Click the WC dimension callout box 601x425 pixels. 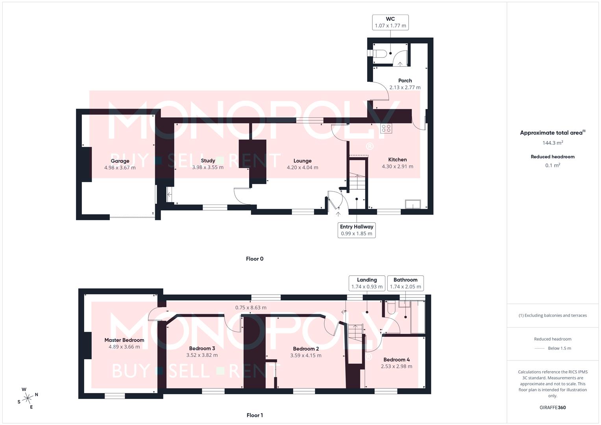click(x=390, y=22)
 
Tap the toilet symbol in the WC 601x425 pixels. click(x=379, y=54)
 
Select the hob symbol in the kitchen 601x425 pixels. click(x=386, y=128)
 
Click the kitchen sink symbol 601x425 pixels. click(x=413, y=204)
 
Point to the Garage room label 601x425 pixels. click(x=120, y=161)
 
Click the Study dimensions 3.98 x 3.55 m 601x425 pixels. click(x=208, y=167)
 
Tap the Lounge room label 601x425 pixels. click(x=302, y=161)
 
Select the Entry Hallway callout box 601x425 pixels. click(x=356, y=230)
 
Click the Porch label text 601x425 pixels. click(x=405, y=81)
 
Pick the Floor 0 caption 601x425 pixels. click(x=255, y=259)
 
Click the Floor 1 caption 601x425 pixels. click(x=255, y=415)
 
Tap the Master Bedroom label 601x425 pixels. click(x=124, y=340)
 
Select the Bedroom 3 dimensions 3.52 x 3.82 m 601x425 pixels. click(x=202, y=355)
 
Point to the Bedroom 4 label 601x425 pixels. click(x=396, y=360)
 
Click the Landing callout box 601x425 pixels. click(x=367, y=283)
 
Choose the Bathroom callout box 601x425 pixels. click(x=405, y=283)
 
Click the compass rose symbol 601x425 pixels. click(x=28, y=398)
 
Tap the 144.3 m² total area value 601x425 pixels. click(x=553, y=143)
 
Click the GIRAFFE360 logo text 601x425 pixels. click(x=553, y=408)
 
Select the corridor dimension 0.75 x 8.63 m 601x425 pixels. click(x=251, y=308)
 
